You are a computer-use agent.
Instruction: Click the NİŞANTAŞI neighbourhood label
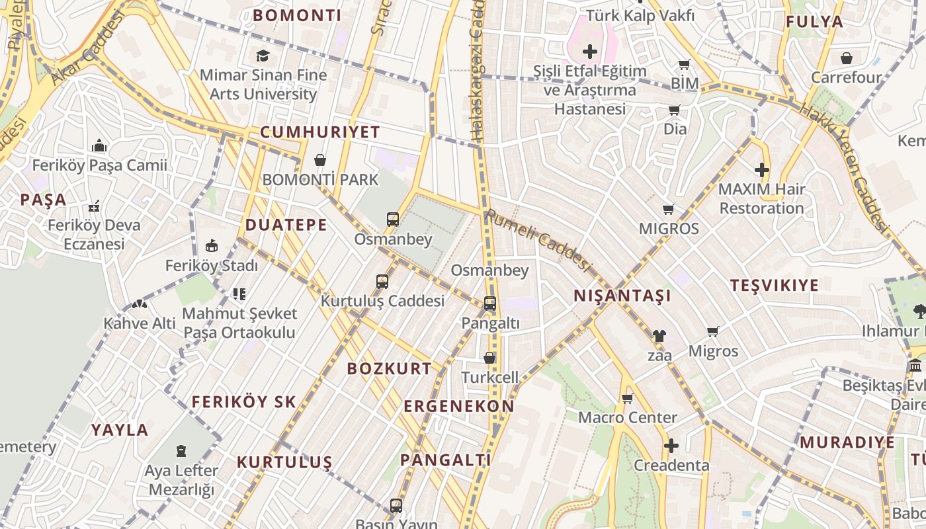point(622,296)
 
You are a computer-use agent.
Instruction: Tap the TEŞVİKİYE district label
point(775,285)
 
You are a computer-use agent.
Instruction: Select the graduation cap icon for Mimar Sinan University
point(263,56)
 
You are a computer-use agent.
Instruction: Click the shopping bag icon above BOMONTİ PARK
point(320,160)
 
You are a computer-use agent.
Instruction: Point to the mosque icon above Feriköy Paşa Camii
point(100,145)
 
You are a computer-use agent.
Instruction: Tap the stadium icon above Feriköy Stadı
point(212,246)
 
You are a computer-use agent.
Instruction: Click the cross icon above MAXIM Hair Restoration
point(762,170)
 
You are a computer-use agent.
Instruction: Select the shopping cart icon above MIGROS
point(669,210)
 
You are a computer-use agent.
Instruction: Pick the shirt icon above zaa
point(659,336)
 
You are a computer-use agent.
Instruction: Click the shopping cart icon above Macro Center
point(628,398)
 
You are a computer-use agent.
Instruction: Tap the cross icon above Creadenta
point(671,446)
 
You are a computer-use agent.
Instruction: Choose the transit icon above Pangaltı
point(490,304)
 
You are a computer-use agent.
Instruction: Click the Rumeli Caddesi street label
point(537,239)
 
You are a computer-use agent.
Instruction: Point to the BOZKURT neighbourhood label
point(390,368)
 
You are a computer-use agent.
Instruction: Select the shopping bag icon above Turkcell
point(489,358)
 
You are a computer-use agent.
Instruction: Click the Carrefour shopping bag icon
point(847,58)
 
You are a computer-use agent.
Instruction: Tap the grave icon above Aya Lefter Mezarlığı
point(181,451)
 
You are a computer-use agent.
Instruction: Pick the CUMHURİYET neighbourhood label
point(320,132)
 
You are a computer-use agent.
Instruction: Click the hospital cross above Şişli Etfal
point(589,52)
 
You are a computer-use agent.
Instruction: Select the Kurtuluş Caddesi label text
point(382,301)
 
